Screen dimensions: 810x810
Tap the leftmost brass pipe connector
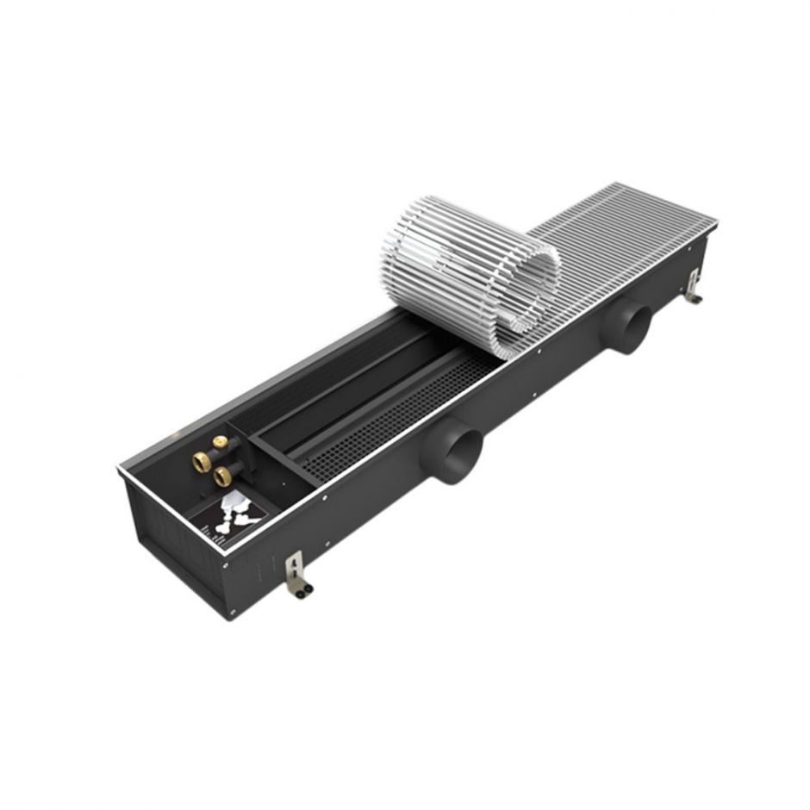click(x=203, y=463)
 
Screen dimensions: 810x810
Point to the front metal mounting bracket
click(x=296, y=570)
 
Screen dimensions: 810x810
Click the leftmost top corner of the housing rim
click(x=118, y=470)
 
